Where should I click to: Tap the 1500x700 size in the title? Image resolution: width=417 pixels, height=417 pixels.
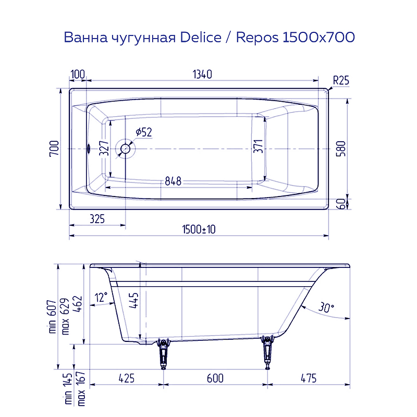[318, 38]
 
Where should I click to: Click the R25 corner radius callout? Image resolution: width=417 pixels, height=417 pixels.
[340, 80]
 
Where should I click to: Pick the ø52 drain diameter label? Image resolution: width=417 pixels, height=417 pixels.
[143, 132]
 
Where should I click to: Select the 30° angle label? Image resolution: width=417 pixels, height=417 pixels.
[326, 308]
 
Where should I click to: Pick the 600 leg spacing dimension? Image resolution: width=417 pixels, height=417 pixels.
[215, 378]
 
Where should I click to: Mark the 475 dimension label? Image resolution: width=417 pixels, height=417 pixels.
[308, 378]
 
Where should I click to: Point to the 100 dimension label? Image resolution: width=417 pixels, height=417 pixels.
[78, 74]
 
